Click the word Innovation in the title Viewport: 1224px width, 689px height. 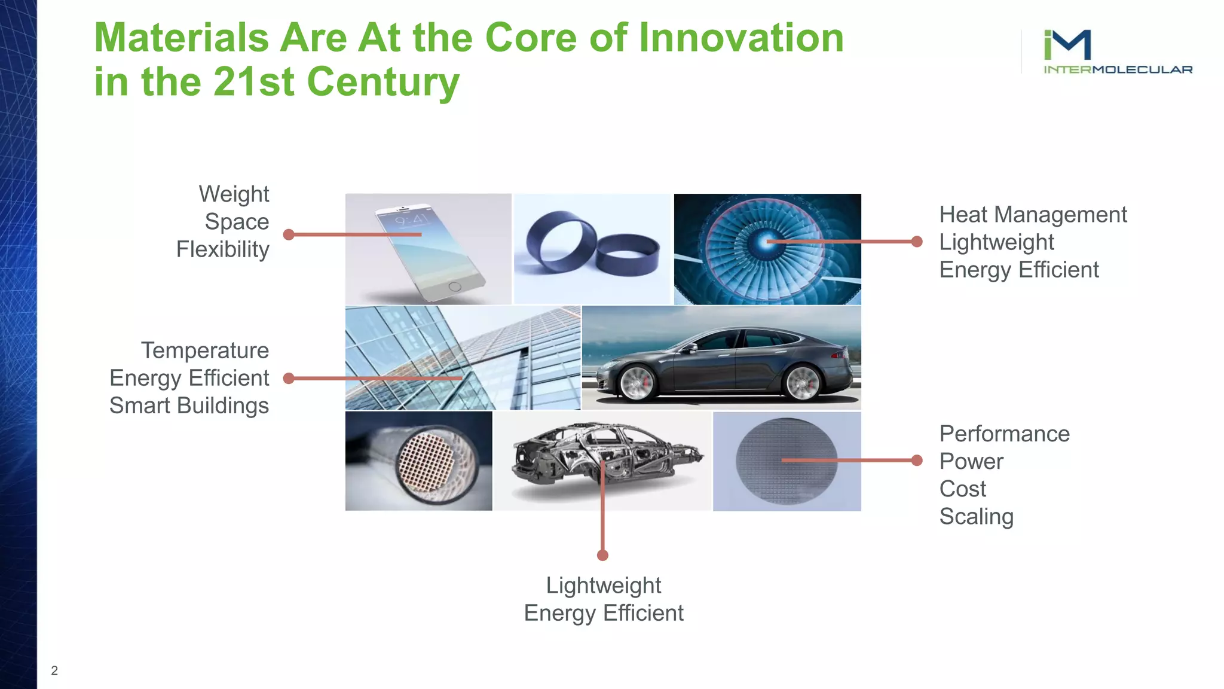point(740,38)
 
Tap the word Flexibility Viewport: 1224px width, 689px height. point(222,249)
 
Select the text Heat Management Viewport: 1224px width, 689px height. point(1032,215)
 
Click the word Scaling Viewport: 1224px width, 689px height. point(976,517)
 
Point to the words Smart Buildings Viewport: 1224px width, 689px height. point(189,406)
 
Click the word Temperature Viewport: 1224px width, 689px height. point(204,350)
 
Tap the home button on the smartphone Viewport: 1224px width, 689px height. point(455,286)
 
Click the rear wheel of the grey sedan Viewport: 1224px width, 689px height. point(802,382)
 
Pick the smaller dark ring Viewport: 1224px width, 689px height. point(628,255)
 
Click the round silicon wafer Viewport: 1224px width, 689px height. point(787,461)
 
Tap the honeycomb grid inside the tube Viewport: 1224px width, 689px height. point(427,461)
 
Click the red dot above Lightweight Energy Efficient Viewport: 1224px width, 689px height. point(602,556)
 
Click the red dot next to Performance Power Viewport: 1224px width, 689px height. point(917,460)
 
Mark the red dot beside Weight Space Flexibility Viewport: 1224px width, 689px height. point(289,234)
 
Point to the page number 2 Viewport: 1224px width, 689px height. point(54,670)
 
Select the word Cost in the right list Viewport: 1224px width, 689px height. point(962,489)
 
